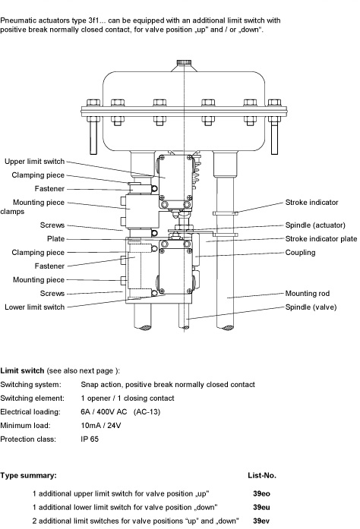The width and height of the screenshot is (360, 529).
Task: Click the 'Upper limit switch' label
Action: click(x=34, y=162)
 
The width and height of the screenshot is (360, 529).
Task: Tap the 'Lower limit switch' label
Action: click(x=34, y=307)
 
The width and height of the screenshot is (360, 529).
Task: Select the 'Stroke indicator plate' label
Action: click(x=321, y=239)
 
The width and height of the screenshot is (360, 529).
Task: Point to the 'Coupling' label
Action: click(x=300, y=253)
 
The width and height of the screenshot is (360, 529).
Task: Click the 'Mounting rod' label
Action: click(x=308, y=294)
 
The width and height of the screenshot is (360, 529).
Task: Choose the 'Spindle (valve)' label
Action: click(x=311, y=307)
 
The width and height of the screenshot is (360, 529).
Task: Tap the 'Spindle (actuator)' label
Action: click(x=315, y=225)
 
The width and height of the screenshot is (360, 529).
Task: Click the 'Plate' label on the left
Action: click(x=55, y=239)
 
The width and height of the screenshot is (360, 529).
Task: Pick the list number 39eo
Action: click(x=262, y=494)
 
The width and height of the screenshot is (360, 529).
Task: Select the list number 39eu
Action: click(x=262, y=508)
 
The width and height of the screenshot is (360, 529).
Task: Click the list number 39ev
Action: click(x=261, y=521)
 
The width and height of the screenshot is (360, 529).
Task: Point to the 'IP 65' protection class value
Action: click(x=90, y=439)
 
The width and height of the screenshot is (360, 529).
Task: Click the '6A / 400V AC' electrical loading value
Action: click(x=104, y=412)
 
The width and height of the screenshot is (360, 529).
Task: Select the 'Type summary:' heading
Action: click(x=28, y=476)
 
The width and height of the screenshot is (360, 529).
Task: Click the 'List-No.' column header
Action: click(x=262, y=476)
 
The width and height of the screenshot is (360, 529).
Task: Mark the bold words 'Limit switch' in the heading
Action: click(x=22, y=371)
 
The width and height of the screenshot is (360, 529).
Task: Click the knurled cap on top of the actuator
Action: click(x=184, y=62)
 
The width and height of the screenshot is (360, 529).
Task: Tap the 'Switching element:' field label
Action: click(x=32, y=398)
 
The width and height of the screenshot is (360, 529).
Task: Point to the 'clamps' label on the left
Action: click(x=12, y=212)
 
